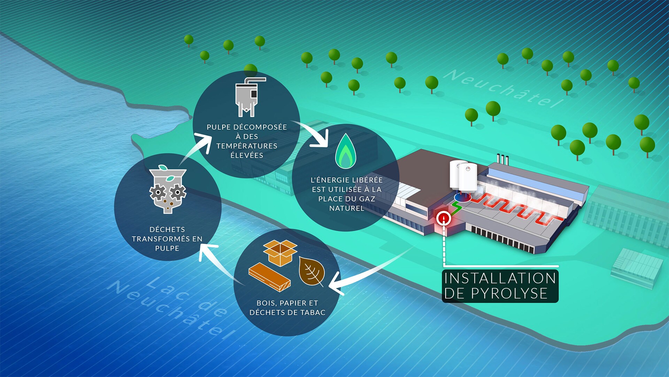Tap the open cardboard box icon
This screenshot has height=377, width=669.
(280, 252)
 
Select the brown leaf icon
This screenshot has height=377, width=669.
(312, 272)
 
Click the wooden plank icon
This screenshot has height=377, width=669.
(269, 277)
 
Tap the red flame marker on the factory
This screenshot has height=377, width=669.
(444, 218)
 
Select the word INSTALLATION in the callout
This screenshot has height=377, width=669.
(500, 278)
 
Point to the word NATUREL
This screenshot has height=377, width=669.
(346, 208)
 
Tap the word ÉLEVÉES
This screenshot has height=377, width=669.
(247, 155)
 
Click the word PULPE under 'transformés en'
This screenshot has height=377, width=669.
(167, 248)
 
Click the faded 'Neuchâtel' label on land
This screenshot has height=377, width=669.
(506, 88)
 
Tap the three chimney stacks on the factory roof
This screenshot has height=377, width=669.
(503, 160)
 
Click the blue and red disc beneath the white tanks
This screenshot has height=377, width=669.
(462, 197)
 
